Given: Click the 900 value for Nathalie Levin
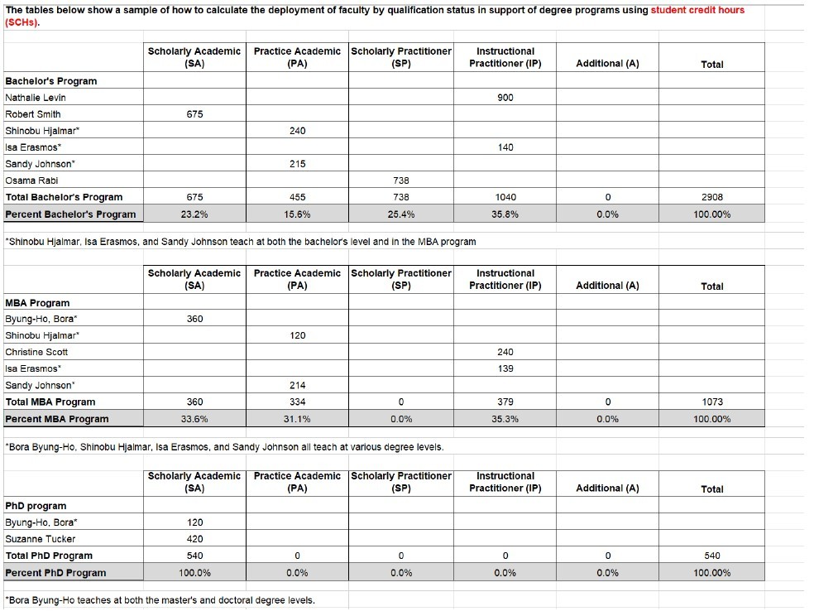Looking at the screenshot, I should click(505, 98).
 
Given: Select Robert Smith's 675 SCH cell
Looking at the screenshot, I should click(194, 114).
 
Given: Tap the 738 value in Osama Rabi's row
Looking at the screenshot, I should click(401, 180).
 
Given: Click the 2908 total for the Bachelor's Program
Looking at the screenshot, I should click(711, 197).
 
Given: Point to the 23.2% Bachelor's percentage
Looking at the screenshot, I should click(194, 214).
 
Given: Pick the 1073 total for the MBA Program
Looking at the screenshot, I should click(711, 402).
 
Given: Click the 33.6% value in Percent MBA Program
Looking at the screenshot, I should click(194, 419).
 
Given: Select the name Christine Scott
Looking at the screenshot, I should click(36, 352).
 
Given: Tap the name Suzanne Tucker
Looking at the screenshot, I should click(40, 539).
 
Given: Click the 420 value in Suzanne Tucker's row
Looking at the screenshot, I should click(194, 539).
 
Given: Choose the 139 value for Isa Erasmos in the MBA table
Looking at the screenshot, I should click(505, 368).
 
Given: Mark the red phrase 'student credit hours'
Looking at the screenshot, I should click(697, 10).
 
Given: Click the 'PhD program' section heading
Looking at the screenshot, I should click(36, 506).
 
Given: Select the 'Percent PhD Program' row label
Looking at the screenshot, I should click(55, 573).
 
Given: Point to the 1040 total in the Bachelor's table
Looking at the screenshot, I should click(505, 197).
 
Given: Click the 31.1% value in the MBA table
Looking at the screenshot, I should click(297, 419).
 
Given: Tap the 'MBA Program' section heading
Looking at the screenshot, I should click(37, 303).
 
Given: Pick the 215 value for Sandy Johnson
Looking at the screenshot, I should click(297, 164).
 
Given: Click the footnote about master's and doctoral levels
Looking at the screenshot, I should click(160, 600).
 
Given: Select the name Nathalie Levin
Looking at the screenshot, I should click(36, 98).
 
